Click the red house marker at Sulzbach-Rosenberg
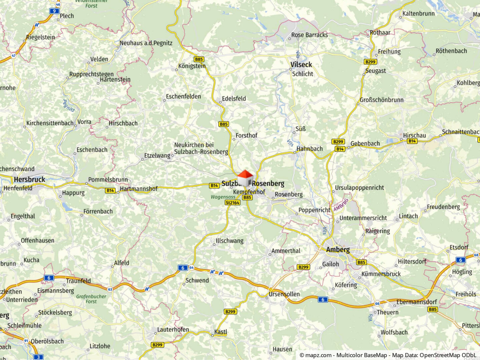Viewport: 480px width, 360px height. point(245,178)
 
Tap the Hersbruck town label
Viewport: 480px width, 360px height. point(29,180)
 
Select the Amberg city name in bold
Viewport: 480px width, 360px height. point(338,250)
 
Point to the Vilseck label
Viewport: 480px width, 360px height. point(301,65)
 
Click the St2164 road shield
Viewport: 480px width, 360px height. point(232,203)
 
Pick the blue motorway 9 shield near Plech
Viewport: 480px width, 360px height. point(54,11)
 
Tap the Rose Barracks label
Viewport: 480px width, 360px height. point(309,35)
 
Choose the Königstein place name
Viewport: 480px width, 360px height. point(192,66)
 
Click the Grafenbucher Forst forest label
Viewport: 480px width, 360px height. point(91,299)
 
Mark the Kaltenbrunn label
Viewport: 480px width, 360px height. point(418,14)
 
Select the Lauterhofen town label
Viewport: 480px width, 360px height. point(173,330)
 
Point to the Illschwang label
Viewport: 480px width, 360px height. point(229,241)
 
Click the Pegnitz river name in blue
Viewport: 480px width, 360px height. point(69,105)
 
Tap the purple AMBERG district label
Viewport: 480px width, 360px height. point(341,205)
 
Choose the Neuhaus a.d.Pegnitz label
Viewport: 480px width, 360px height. point(146,43)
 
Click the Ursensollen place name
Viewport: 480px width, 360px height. point(284,294)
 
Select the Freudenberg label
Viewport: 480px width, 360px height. point(443,207)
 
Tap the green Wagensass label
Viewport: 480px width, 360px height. point(223,197)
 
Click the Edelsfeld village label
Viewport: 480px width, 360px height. point(234,99)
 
